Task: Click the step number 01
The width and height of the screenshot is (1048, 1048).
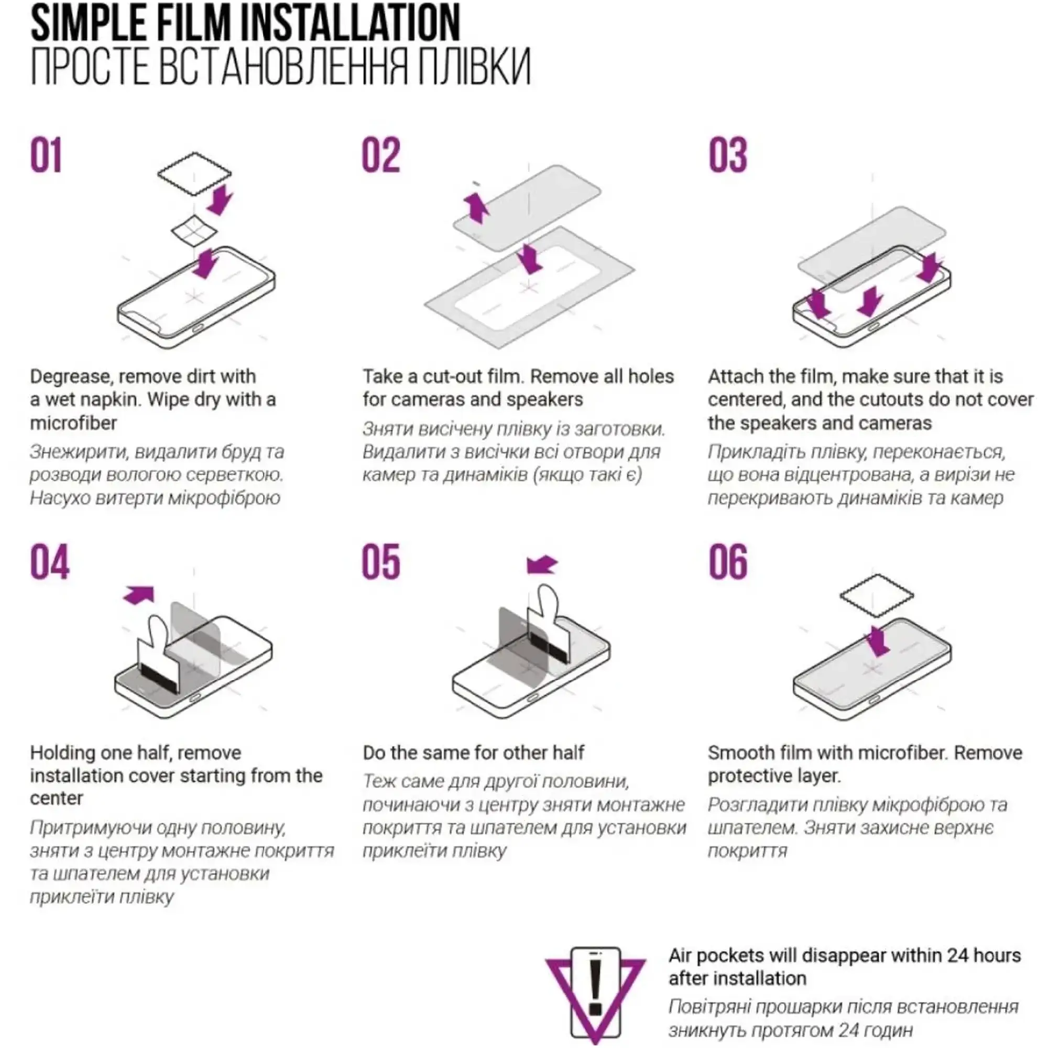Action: (x=46, y=155)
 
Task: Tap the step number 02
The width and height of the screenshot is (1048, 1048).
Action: (x=381, y=155)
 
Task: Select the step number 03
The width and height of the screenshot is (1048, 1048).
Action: (x=727, y=155)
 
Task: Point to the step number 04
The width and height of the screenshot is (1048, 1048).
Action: (x=50, y=562)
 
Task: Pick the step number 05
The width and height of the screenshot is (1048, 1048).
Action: (x=381, y=562)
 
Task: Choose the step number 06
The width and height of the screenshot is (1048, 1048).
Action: (x=728, y=562)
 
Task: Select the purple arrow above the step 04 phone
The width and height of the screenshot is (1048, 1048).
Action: (x=139, y=595)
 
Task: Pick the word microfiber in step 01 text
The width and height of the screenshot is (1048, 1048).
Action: (x=73, y=423)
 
